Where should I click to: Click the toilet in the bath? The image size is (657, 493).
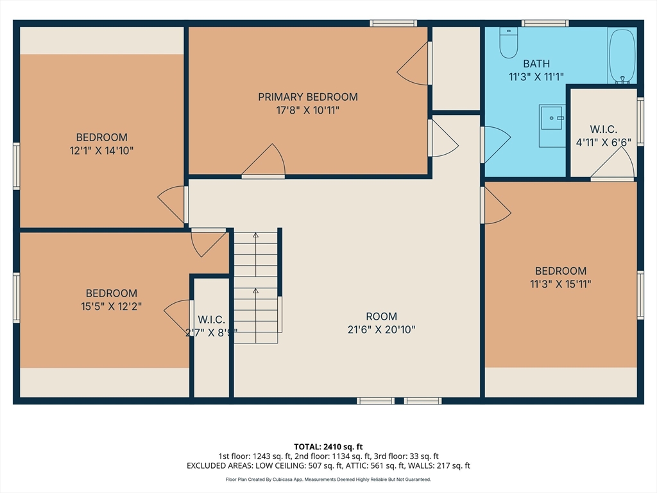click(x=509, y=42)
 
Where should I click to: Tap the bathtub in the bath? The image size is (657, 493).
click(x=622, y=56)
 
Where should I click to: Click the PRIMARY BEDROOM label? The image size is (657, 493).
click(x=308, y=97)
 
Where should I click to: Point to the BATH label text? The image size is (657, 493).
click(x=536, y=64)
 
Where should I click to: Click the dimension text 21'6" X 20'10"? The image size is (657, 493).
click(x=381, y=329)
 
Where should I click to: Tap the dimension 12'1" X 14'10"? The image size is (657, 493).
click(x=101, y=150)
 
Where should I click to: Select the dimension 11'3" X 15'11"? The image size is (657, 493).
click(x=561, y=284)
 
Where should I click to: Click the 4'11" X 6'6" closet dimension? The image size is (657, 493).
click(x=603, y=143)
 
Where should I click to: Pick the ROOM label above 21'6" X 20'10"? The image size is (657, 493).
click(x=381, y=316)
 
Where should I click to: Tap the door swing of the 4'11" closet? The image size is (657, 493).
click(x=613, y=162)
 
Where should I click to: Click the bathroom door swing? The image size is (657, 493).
click(x=496, y=144)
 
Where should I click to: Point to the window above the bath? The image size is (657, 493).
click(x=545, y=23)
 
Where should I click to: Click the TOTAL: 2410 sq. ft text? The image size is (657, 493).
click(x=328, y=447)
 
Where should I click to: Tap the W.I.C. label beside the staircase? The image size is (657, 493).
click(x=211, y=320)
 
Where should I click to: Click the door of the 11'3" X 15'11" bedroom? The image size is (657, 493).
click(x=496, y=205)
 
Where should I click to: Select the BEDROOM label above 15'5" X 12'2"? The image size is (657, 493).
click(x=112, y=293)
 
